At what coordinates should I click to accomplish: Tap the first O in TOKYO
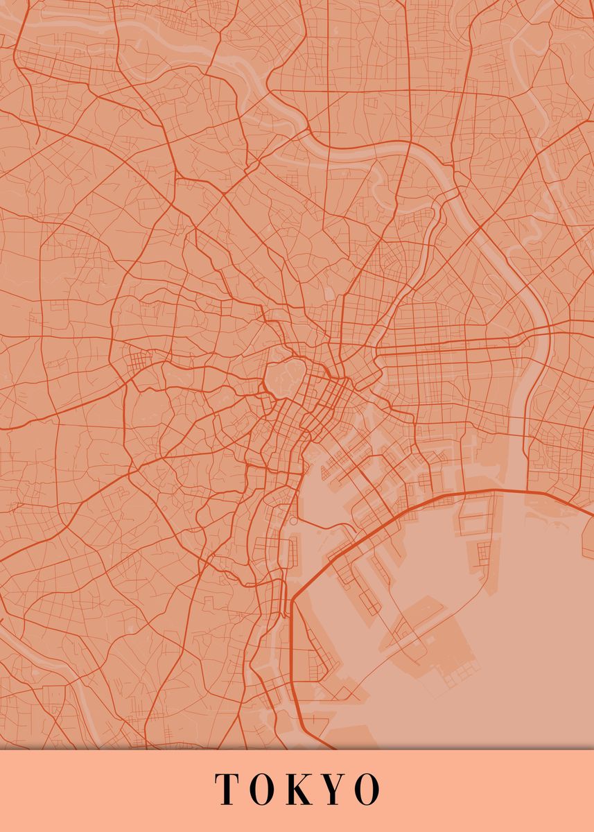pyautogui.click(x=261, y=789)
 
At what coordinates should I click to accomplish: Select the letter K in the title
pyautogui.click(x=298, y=789)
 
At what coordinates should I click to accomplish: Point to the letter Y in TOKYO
pyautogui.click(x=333, y=789)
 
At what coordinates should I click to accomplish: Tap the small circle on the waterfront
pyautogui.click(x=293, y=520)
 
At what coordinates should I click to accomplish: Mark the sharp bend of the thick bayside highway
pyautogui.click(x=294, y=598)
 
